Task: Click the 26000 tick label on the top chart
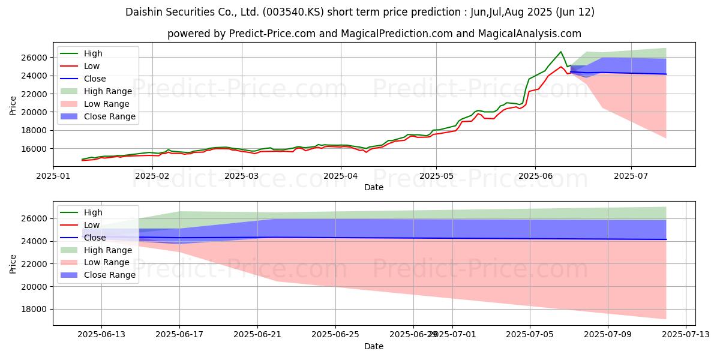point(35,58)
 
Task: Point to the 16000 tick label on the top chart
point(35,148)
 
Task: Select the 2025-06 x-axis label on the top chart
point(535,176)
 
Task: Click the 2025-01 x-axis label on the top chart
point(55,176)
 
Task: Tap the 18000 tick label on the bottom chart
point(35,310)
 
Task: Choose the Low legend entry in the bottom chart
point(92,225)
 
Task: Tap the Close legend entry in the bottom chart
point(95,238)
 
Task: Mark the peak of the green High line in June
point(561,52)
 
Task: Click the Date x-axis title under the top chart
point(374,187)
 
